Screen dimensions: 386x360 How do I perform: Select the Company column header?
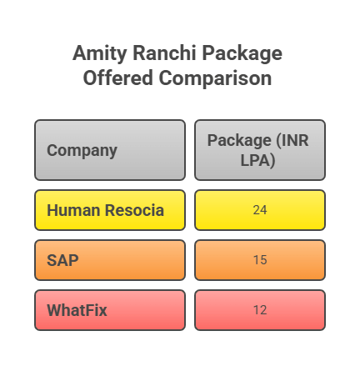point(109,150)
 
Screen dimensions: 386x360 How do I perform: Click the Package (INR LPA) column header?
point(259,150)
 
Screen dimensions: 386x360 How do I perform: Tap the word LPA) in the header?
point(258,160)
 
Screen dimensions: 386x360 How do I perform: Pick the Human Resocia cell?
point(109,210)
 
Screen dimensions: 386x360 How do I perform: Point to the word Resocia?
point(133,210)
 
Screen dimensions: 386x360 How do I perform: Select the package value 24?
point(259,210)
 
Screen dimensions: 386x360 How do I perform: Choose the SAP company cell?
point(109,260)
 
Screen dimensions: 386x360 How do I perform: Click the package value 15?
point(259,260)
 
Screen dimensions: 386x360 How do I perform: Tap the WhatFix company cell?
point(109,310)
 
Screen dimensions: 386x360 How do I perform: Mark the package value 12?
point(259,310)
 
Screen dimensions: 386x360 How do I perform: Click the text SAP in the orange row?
point(62,260)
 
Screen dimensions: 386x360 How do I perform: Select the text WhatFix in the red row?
point(77,310)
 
